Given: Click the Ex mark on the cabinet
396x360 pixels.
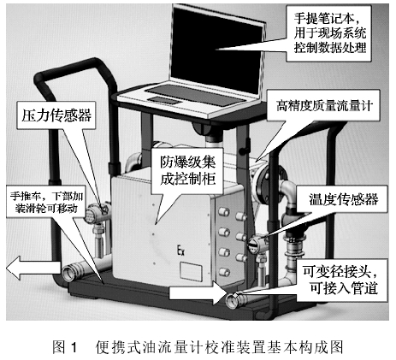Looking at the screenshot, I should (180, 251).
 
